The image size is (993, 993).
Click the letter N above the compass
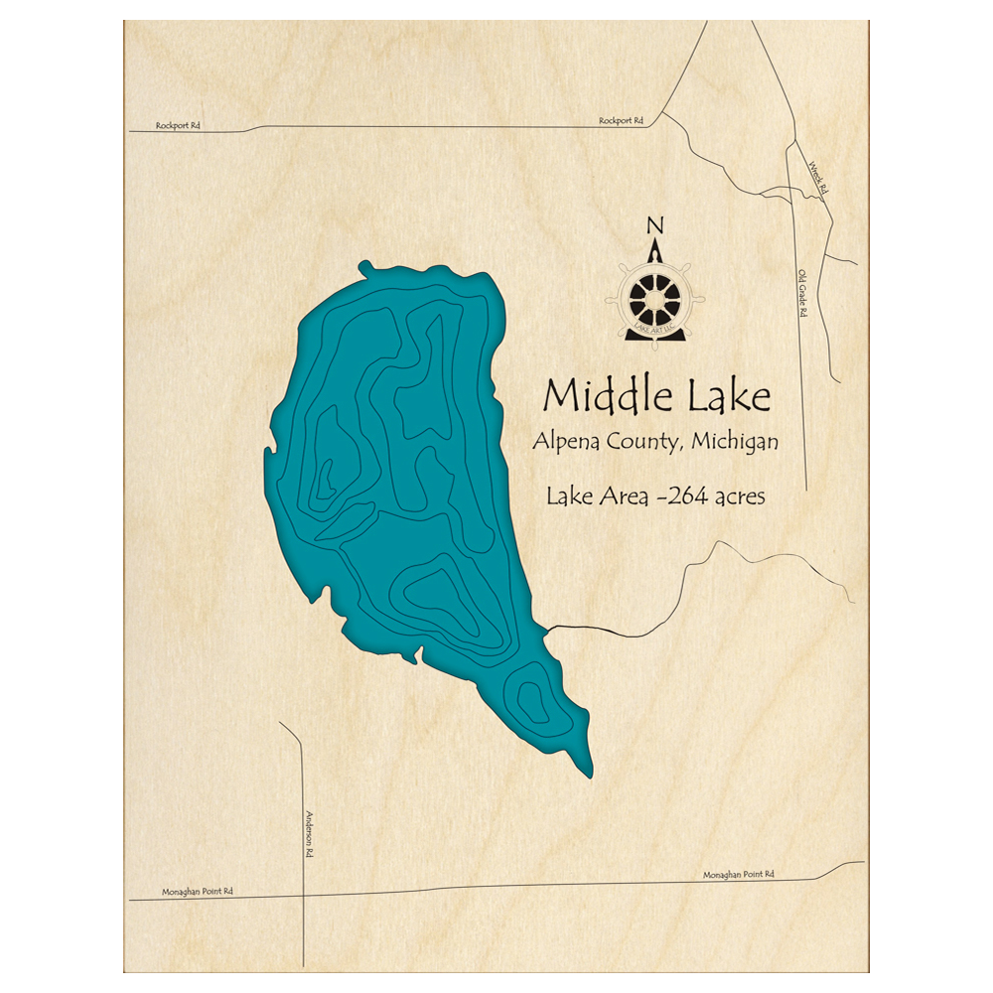pyautogui.click(x=654, y=224)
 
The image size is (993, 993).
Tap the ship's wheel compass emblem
pyautogui.click(x=655, y=296)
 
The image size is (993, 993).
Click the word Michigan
pyautogui.click(x=735, y=442)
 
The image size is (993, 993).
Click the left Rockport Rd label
pyautogui.click(x=178, y=126)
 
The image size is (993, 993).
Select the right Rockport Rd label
pyautogui.click(x=621, y=121)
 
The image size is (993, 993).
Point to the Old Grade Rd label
pyautogui.click(x=801, y=293)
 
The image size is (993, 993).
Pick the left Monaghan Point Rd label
pyautogui.click(x=197, y=892)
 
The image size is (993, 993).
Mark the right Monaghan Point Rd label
pyautogui.click(x=738, y=875)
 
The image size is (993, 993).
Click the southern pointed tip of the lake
pyautogui.click(x=589, y=773)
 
